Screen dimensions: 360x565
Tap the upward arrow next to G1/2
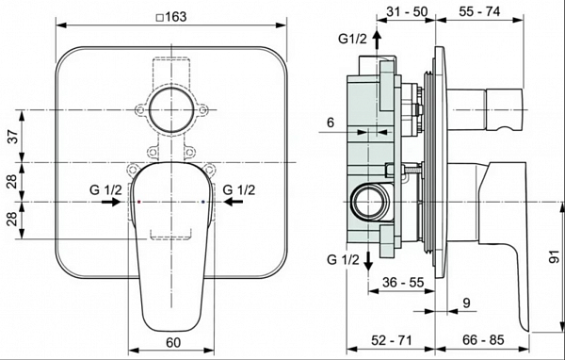(377, 39)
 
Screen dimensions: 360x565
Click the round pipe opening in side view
(367, 202)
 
